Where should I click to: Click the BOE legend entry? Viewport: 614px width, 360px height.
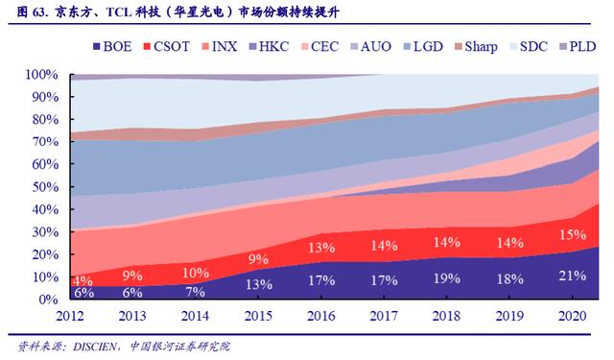click(112, 47)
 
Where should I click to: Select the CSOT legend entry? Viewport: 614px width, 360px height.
click(166, 47)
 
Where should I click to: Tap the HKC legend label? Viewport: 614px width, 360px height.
click(269, 47)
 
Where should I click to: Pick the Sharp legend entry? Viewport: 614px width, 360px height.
click(476, 47)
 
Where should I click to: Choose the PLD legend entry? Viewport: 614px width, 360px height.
click(578, 47)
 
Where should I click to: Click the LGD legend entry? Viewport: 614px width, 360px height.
click(423, 47)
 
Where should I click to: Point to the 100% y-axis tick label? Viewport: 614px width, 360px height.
click(42, 74)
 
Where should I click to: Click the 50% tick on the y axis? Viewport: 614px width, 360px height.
click(45, 186)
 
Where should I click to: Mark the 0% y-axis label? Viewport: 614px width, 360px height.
click(49, 300)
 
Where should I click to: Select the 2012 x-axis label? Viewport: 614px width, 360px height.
click(70, 316)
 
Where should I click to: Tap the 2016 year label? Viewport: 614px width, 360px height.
click(321, 316)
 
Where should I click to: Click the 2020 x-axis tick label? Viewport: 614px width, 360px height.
click(573, 316)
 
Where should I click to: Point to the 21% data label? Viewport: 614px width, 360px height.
click(573, 276)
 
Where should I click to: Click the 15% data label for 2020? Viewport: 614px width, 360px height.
click(573, 234)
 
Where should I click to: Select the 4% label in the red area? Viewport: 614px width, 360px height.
click(83, 280)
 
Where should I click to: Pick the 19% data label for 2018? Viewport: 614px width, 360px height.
click(447, 278)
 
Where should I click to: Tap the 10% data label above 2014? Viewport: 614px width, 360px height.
click(196, 273)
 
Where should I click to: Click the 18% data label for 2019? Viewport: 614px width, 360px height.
click(509, 279)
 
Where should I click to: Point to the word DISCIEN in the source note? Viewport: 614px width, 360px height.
click(94, 347)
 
